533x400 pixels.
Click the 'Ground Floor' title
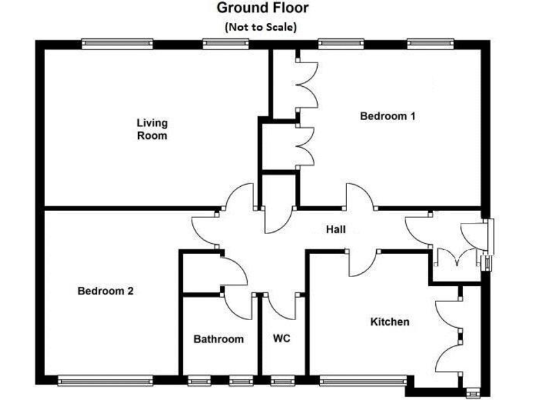tap(262, 8)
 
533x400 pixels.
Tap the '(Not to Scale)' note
tap(260, 28)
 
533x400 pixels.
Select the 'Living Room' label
tap(151, 129)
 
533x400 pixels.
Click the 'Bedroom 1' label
tap(387, 116)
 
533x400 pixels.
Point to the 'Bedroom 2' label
tap(105, 291)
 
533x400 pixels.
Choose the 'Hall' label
tap(335, 229)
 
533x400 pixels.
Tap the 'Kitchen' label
tap(389, 322)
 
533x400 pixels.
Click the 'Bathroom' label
tap(218, 339)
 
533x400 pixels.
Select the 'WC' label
tap(281, 339)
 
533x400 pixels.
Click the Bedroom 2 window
tap(105, 380)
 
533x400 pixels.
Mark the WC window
tap(281, 380)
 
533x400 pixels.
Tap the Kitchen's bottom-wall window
tap(365, 380)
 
